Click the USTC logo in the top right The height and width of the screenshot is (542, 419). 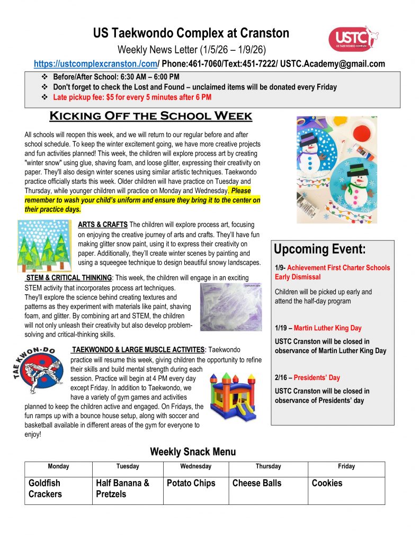(353, 39)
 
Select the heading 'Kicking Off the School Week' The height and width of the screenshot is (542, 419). (150, 116)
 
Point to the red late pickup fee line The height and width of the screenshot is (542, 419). (132, 97)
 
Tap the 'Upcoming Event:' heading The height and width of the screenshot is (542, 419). (319, 250)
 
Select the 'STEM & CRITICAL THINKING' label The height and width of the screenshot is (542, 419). (69, 278)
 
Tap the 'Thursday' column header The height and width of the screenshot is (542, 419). (268, 466)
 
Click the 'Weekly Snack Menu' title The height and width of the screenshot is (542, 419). (193, 451)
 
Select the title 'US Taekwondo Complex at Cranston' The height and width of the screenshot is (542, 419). (191, 34)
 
